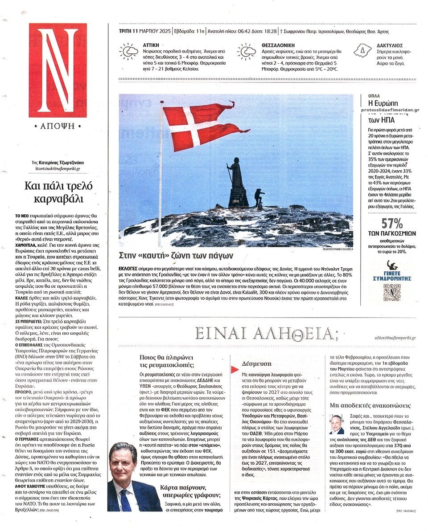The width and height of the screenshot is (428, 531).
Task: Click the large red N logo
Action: [58, 70]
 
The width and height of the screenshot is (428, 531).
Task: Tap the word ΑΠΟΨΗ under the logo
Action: [58, 126]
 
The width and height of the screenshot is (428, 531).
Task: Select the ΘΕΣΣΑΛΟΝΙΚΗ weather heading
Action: [279, 45]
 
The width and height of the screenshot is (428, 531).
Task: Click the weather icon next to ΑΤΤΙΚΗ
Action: [129, 52]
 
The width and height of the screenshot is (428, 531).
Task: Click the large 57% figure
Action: [392, 223]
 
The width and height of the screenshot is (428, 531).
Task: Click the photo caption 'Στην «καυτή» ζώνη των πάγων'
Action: [176, 256]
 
